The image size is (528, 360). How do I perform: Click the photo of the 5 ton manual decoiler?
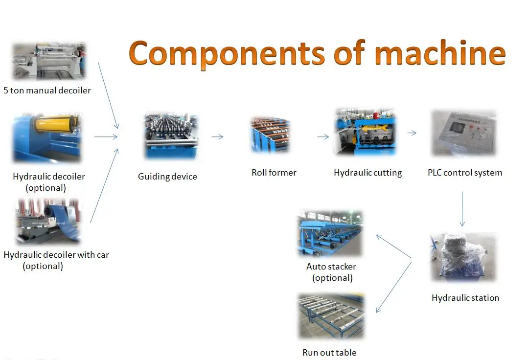48,61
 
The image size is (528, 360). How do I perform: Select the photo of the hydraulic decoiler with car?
47,221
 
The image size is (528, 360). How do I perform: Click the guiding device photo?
171,137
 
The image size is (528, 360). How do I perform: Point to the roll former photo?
270,135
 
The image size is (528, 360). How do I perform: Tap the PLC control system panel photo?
463,133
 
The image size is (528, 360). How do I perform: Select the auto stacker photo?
330,234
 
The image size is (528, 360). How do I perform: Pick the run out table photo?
331,316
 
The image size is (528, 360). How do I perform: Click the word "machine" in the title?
439,53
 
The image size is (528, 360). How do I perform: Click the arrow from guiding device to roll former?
217,137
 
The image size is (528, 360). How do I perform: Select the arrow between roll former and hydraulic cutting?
323,137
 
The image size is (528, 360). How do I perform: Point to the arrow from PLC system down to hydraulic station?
462,208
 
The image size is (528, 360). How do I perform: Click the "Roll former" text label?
274,172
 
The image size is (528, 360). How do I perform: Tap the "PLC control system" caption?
465,172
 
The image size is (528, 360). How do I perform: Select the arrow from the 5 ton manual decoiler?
108,95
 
